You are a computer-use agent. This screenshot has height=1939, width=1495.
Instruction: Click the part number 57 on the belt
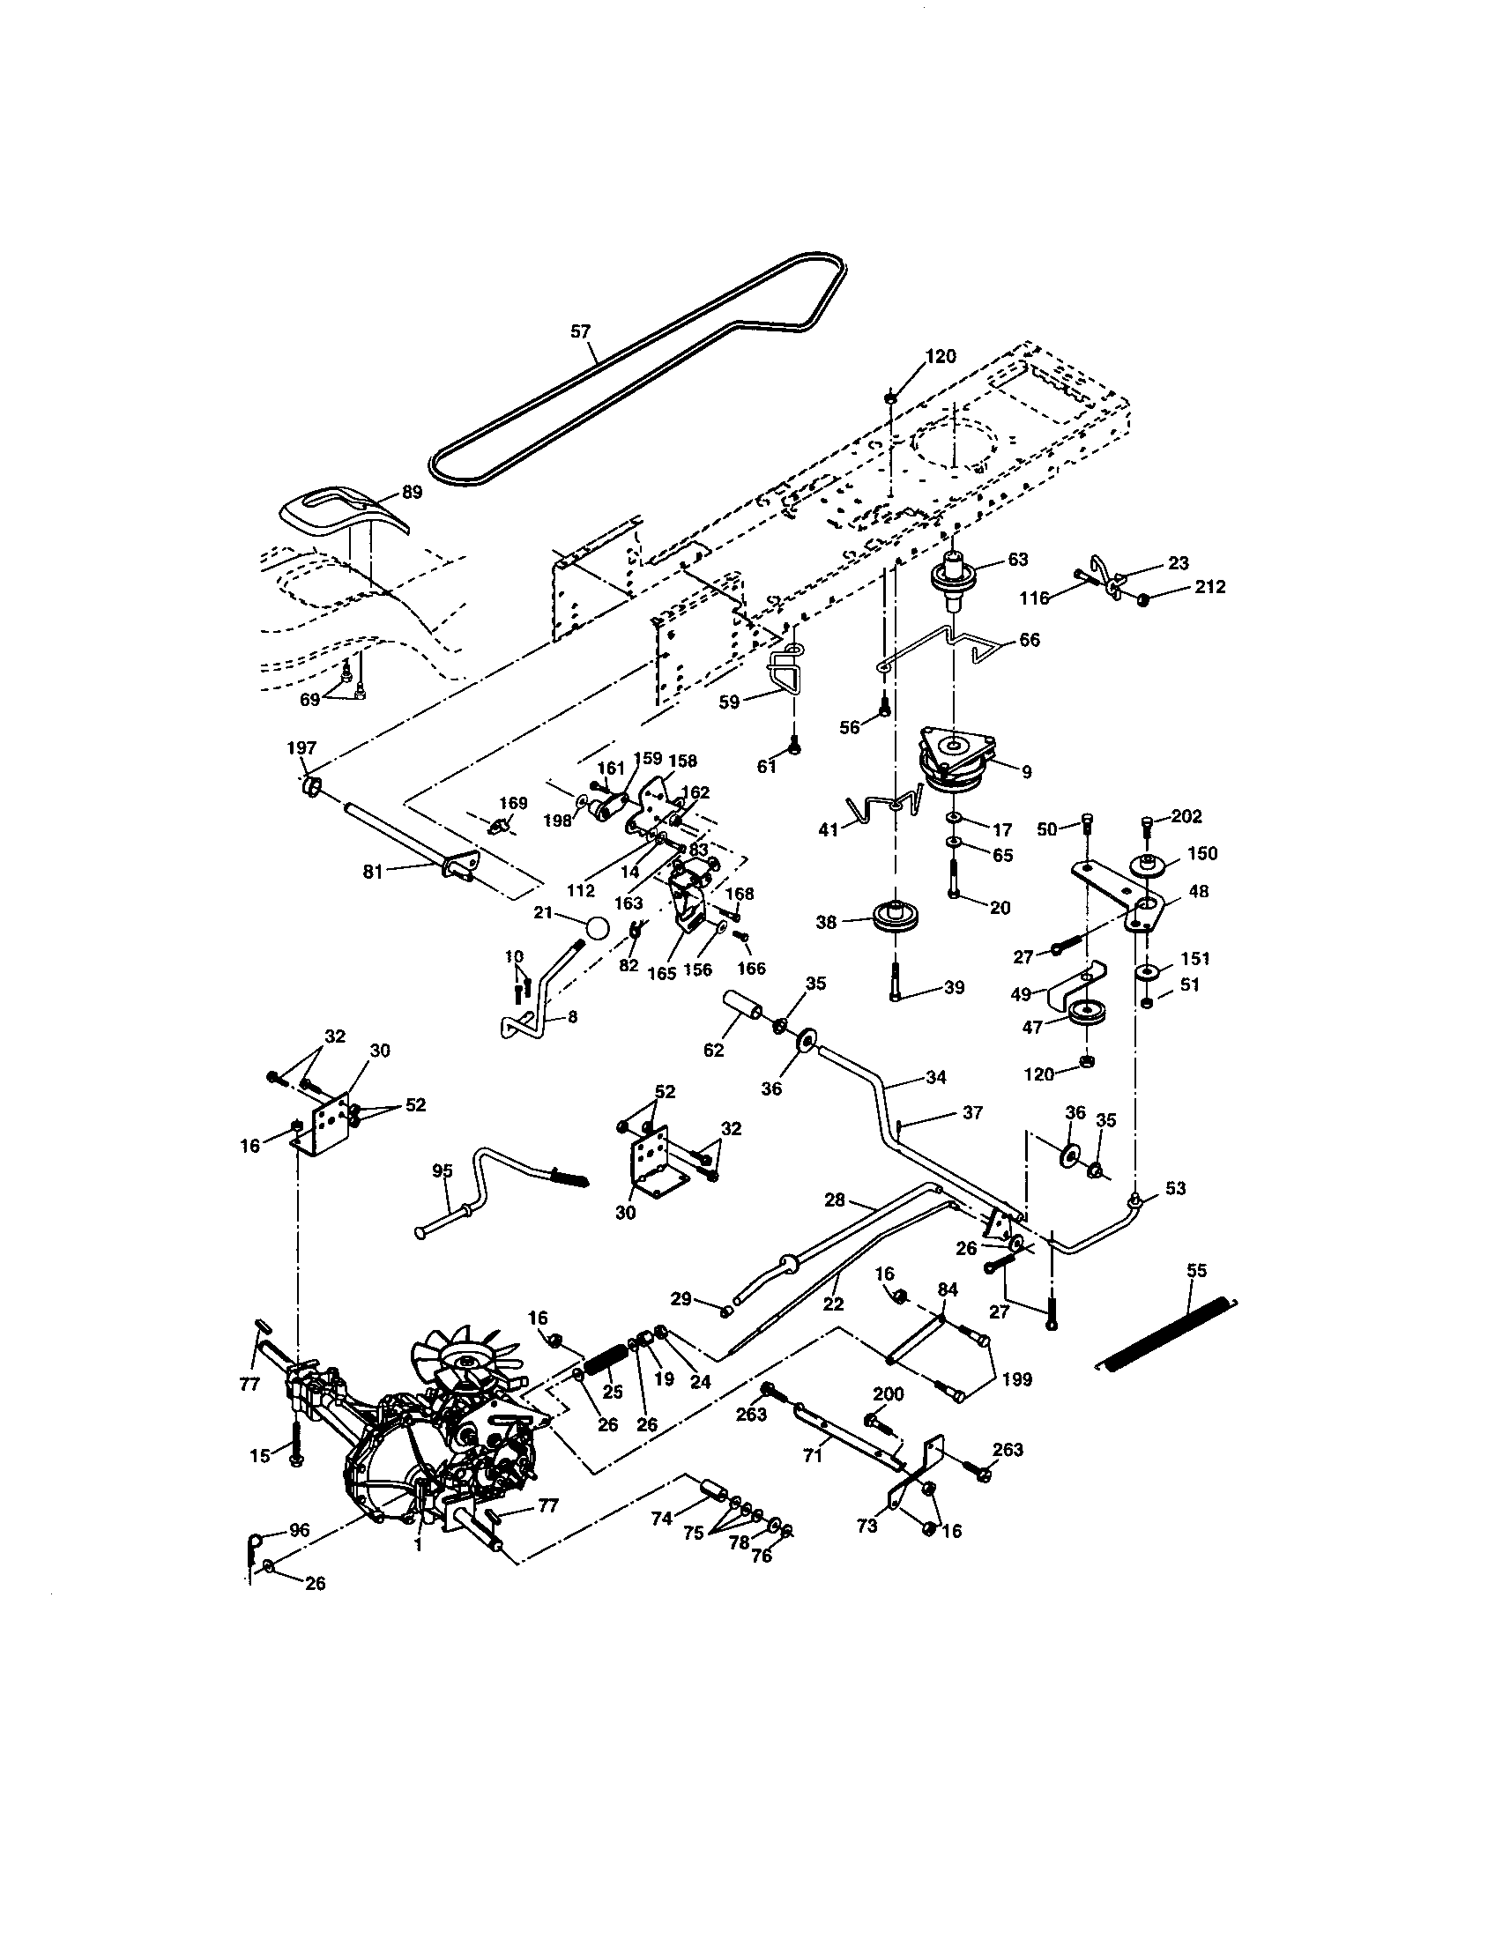[579, 331]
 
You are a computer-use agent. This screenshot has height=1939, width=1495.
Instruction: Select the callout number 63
[1017, 560]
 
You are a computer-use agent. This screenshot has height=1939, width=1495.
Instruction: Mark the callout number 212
[1209, 587]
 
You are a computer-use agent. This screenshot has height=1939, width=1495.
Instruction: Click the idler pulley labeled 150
[1148, 864]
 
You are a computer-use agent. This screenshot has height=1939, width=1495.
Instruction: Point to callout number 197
[301, 748]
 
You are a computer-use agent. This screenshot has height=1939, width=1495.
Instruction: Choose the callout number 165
[661, 973]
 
